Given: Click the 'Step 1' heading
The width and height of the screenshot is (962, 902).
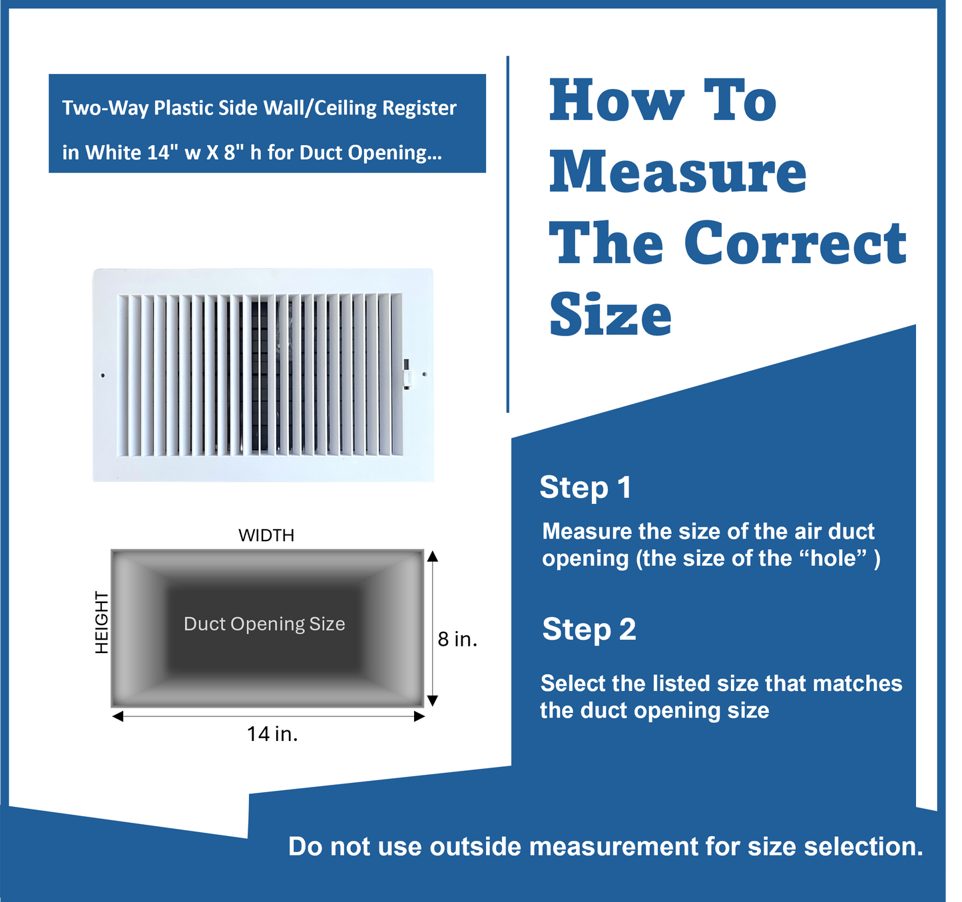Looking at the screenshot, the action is (x=586, y=487).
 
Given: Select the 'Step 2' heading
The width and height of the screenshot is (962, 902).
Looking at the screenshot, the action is (x=589, y=630).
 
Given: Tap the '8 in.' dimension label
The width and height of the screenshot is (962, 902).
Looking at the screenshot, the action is (x=457, y=640).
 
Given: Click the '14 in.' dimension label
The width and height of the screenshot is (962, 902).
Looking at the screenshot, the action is (x=272, y=734).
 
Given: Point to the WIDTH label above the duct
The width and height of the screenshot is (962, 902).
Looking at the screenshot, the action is (x=266, y=535).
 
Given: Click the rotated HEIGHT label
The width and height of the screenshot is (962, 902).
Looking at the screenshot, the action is (x=102, y=622).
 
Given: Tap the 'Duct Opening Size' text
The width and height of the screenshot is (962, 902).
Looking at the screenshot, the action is (x=264, y=624).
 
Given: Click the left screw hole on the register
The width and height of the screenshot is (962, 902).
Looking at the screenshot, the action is (x=103, y=375).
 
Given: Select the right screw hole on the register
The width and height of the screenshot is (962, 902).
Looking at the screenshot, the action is (x=425, y=374).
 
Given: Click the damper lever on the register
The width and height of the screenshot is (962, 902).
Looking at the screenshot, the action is (x=407, y=374).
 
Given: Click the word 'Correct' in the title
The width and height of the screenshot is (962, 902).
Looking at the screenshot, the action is (x=796, y=243).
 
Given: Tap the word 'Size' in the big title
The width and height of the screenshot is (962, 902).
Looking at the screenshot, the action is (x=610, y=314).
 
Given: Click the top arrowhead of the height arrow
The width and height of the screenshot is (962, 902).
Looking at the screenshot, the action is (x=433, y=556).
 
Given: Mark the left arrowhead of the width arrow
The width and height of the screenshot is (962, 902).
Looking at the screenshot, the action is (x=118, y=716).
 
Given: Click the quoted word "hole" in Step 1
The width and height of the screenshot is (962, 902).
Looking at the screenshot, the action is (x=832, y=559).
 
